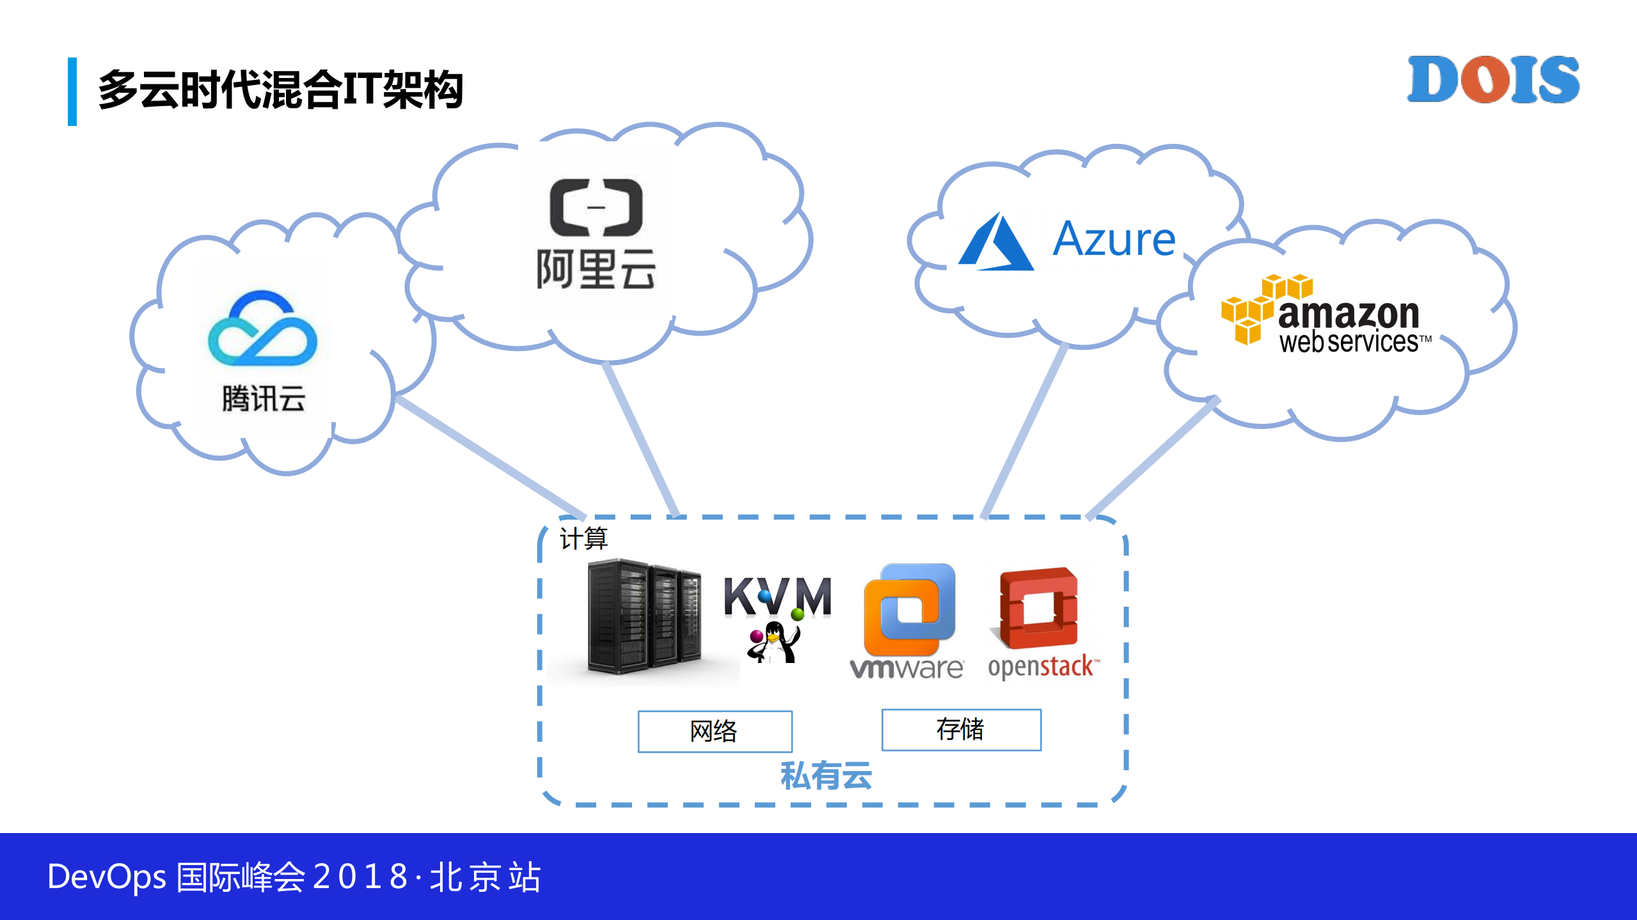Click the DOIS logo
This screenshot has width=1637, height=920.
1493,80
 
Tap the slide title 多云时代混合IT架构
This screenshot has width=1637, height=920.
280,90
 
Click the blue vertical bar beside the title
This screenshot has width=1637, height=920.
72,91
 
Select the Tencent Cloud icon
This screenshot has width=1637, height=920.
262,329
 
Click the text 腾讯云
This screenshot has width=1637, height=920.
263,399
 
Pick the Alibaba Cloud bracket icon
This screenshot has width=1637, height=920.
596,207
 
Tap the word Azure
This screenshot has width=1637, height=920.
1114,240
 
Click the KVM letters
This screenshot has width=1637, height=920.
777,596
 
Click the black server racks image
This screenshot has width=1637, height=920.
643,617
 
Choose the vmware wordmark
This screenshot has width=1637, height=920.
906,669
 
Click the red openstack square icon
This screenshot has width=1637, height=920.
1039,609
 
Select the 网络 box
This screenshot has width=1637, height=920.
715,731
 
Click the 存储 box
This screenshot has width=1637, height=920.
961,729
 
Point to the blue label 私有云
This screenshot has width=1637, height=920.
826,776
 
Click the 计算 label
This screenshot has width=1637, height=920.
583,538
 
